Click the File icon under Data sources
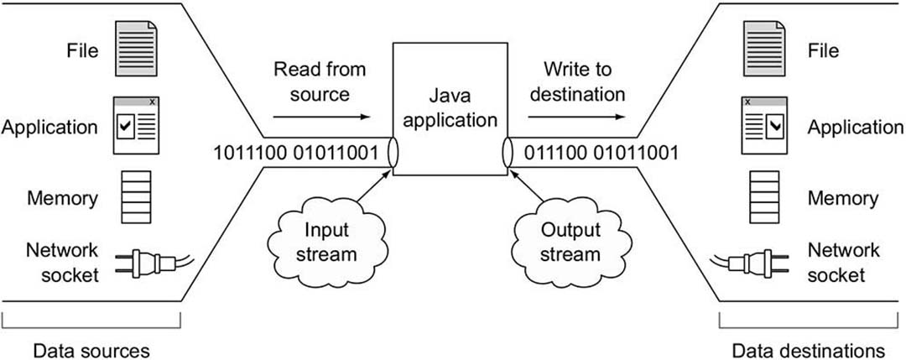click(x=134, y=50)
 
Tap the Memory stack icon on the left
click(x=134, y=198)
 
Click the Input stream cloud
click(x=320, y=240)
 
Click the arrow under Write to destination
click(x=583, y=117)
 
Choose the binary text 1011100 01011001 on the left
click(x=299, y=153)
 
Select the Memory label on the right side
click(x=843, y=199)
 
